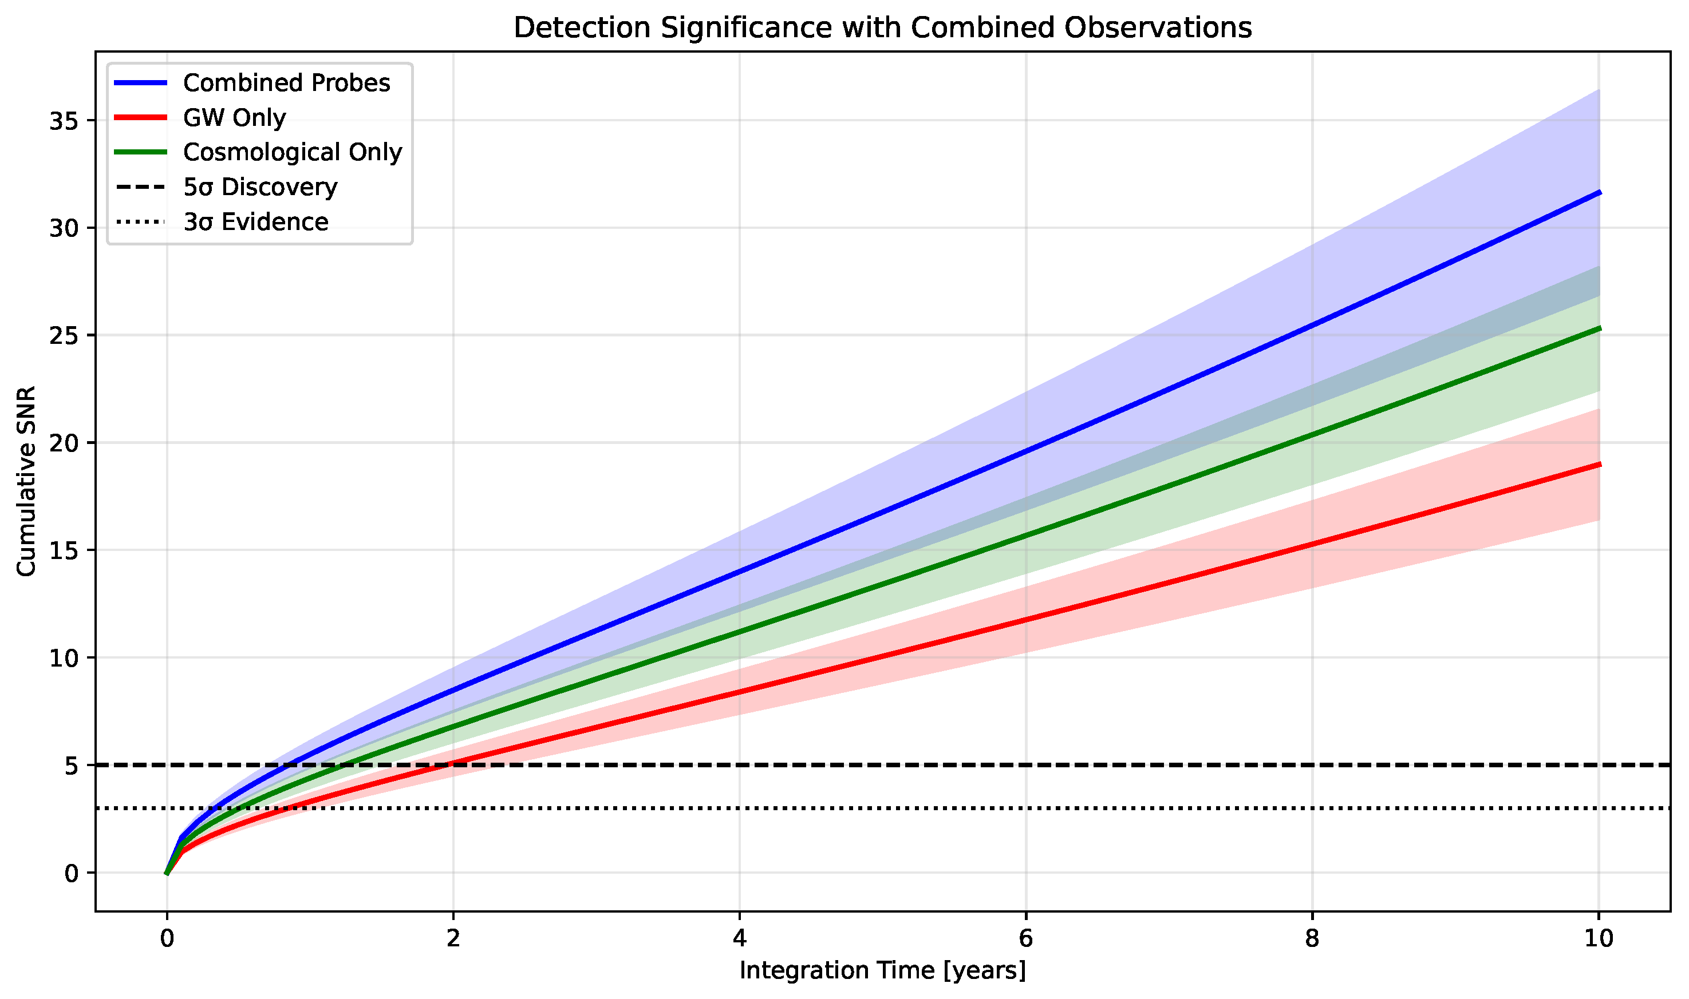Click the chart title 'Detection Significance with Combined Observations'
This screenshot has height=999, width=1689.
(x=882, y=28)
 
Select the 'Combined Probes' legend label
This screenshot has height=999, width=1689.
(x=286, y=83)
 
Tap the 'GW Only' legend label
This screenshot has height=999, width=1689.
(x=234, y=118)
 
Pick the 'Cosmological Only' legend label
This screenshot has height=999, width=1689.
(x=292, y=152)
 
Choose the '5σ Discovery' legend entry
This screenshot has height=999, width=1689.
(x=260, y=187)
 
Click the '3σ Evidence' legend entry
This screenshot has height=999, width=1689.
(x=256, y=222)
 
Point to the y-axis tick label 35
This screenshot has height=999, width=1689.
(x=64, y=121)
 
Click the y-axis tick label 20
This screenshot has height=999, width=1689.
(x=64, y=443)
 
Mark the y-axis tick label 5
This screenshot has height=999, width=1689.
(x=72, y=766)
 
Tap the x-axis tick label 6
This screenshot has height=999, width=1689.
(x=1025, y=939)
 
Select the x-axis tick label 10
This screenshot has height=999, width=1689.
(x=1598, y=939)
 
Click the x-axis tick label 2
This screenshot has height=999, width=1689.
(x=453, y=939)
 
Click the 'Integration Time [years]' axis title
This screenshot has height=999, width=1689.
(x=882, y=971)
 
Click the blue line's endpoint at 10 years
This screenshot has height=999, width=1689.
(x=1599, y=192)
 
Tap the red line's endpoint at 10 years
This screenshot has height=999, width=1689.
(x=1599, y=465)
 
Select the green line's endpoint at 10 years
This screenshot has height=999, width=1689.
(x=1599, y=328)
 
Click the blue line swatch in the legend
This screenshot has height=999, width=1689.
(x=140, y=83)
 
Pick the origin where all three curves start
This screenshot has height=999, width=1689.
(x=167, y=873)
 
